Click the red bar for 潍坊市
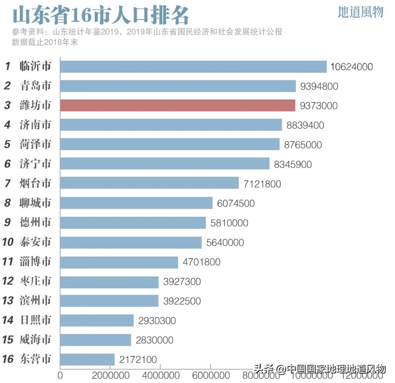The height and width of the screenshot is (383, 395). click(x=177, y=105)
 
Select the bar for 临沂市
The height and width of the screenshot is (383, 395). click(x=193, y=67)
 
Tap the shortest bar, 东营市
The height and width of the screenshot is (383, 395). click(x=87, y=359)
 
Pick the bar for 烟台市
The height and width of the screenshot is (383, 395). click(x=149, y=183)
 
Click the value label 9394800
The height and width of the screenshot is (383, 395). click(x=319, y=86)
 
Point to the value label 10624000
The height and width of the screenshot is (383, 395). click(x=351, y=67)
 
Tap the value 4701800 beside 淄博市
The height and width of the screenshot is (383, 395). click(x=202, y=262)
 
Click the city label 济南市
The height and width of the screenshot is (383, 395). click(x=35, y=125)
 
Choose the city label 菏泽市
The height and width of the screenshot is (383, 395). click(x=35, y=144)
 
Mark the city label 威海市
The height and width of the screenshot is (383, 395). click(x=35, y=340)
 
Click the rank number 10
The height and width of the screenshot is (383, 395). click(x=8, y=242)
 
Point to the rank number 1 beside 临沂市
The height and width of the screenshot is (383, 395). click(x=7, y=67)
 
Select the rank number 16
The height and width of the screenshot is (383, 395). click(x=8, y=359)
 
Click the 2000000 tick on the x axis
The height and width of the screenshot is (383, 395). click(x=110, y=376)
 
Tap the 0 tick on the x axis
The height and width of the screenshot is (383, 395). click(x=60, y=376)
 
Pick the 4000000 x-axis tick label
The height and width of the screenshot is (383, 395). click(x=160, y=376)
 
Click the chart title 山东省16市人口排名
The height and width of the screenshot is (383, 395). click(x=101, y=15)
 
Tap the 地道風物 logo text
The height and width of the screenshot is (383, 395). click(x=360, y=12)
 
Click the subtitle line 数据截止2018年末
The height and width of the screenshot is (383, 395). click(x=45, y=42)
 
